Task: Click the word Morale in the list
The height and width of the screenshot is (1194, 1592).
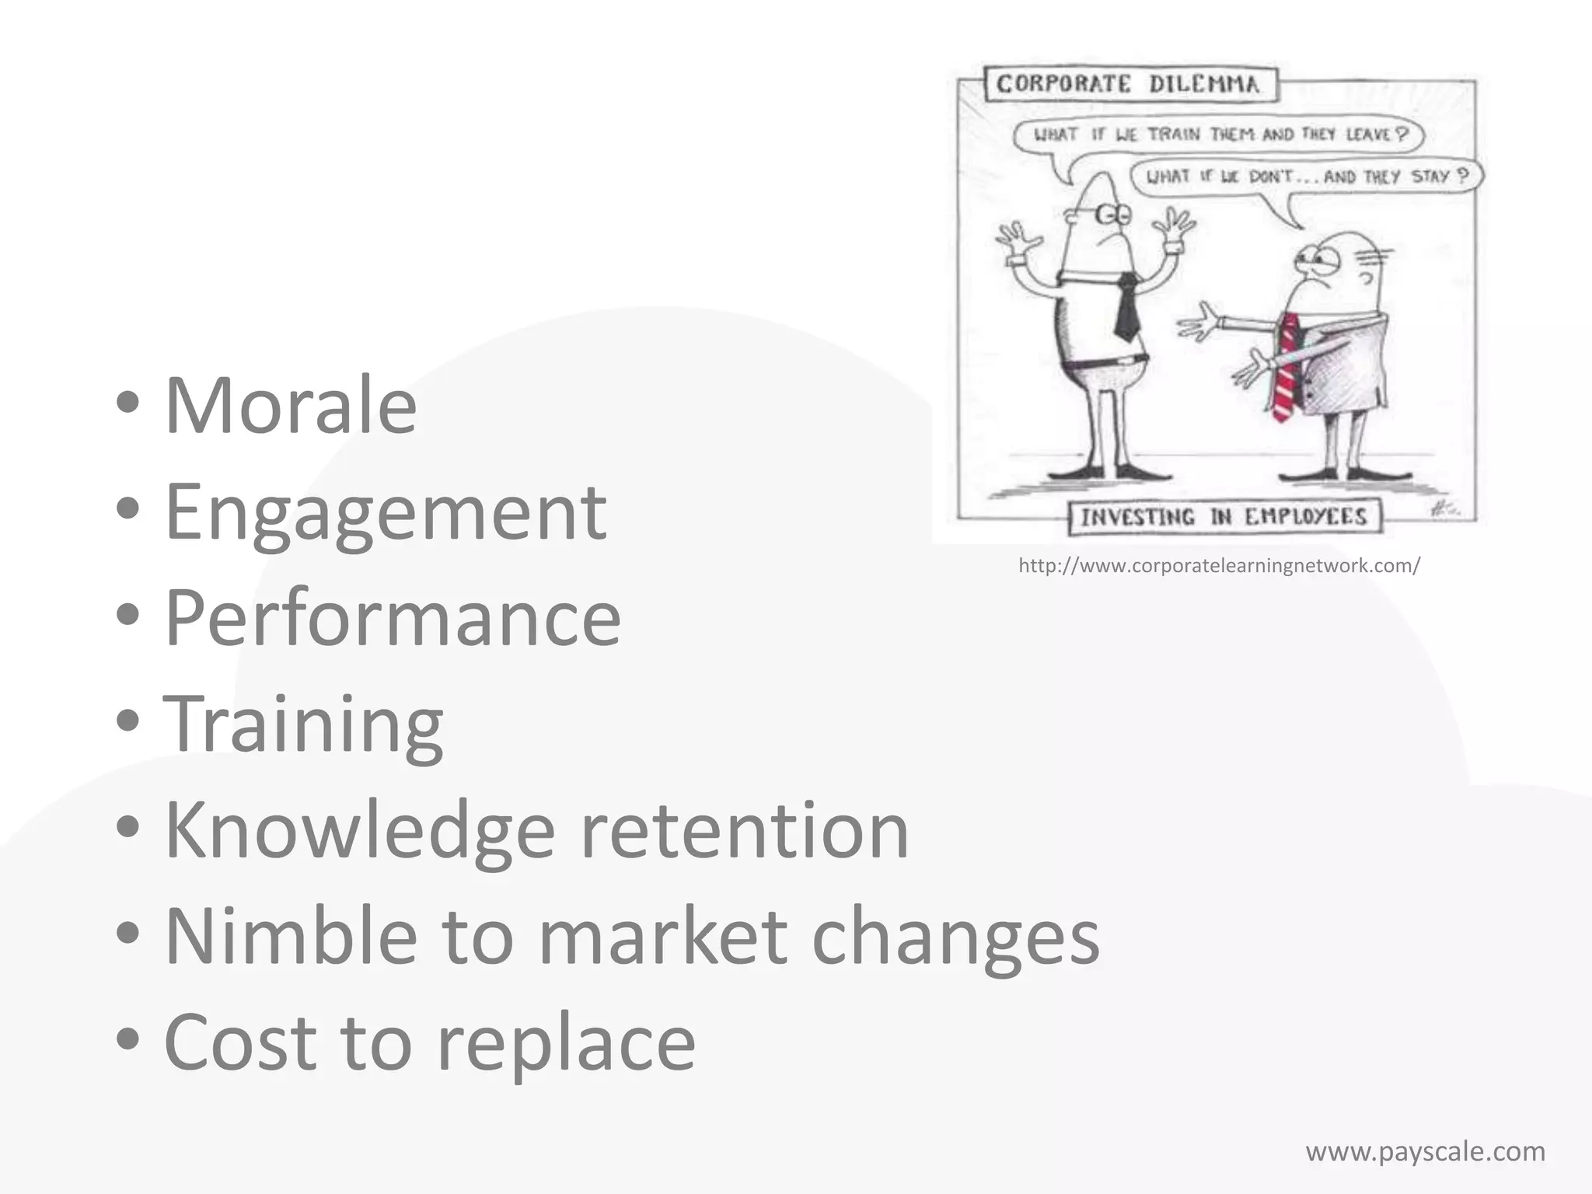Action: tap(291, 405)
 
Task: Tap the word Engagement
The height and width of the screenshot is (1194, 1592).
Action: tap(386, 513)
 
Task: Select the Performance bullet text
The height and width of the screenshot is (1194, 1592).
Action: tap(393, 618)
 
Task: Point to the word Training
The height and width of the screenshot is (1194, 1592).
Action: tap(303, 724)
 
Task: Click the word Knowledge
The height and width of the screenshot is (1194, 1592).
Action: tap(360, 829)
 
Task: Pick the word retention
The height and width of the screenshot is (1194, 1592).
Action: tap(745, 831)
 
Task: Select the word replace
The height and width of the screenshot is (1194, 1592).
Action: tap(566, 1042)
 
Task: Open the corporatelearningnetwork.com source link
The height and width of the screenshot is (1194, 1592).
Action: tap(1219, 566)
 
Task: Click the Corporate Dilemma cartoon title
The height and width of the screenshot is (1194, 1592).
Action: tap(1128, 84)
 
